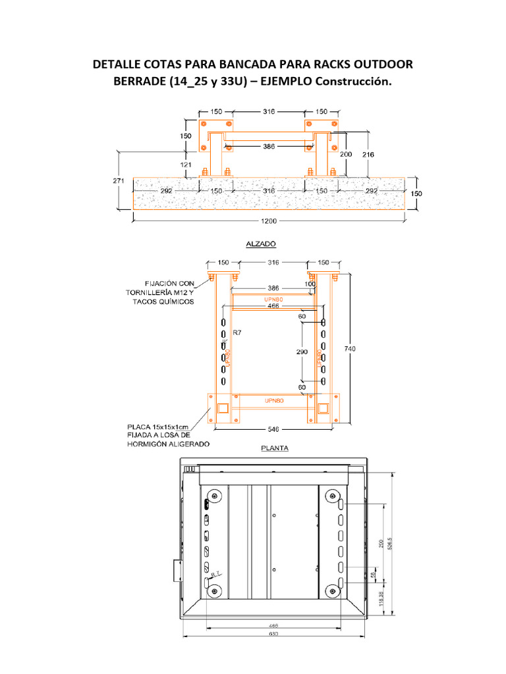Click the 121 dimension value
pos(186,164)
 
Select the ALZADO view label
pos(261,244)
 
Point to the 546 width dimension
pos(272,429)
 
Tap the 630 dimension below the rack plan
pos(273,634)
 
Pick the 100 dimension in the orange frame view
pos(310,284)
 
